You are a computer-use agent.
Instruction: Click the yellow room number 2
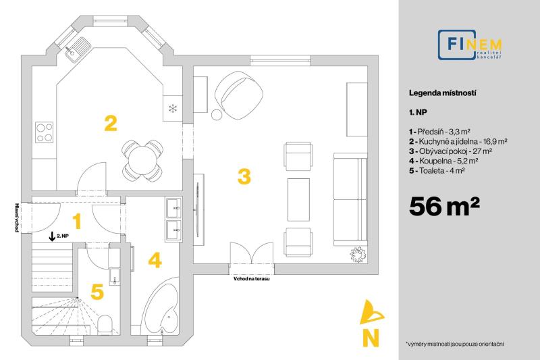pyautogui.click(x=111, y=124)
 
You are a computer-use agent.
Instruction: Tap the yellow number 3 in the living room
pyautogui.click(x=244, y=176)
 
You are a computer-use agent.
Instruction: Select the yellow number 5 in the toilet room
pyautogui.click(x=97, y=292)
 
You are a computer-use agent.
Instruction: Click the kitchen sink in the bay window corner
pyautogui.click(x=78, y=49)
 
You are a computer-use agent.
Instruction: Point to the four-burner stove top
pyautogui.click(x=45, y=132)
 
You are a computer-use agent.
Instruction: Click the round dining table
pyautogui.click(x=142, y=161)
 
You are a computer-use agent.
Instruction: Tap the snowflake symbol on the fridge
pyautogui.click(x=173, y=109)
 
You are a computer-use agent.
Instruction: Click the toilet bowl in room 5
pyautogui.click(x=105, y=324)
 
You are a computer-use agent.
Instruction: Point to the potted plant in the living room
pyautogui.click(x=358, y=254)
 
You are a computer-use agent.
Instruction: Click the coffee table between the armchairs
pyautogui.click(x=298, y=199)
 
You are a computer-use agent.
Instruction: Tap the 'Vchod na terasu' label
pyautogui.click(x=251, y=278)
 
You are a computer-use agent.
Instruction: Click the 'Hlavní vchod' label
pyautogui.click(x=17, y=217)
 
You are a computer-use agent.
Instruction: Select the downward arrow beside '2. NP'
pyautogui.click(x=52, y=236)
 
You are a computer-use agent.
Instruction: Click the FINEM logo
pyautogui.click(x=470, y=45)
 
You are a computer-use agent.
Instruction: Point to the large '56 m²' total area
pyautogui.click(x=444, y=206)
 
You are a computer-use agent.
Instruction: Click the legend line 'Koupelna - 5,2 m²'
pyautogui.click(x=444, y=161)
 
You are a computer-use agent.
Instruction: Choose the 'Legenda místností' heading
pyautogui.click(x=443, y=93)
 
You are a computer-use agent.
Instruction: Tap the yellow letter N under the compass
pyautogui.click(x=371, y=338)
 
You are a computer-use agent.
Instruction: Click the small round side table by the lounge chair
pyautogui.click(x=217, y=114)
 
